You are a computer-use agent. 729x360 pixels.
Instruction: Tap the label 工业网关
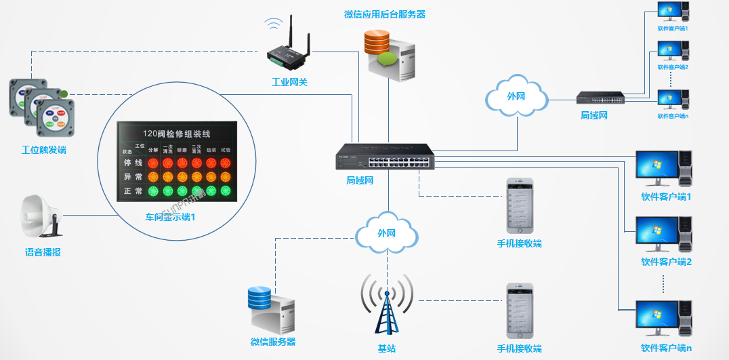[289, 83]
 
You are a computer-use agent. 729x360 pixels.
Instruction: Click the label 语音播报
[43, 252]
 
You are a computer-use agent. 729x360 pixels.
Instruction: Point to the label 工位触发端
[43, 150]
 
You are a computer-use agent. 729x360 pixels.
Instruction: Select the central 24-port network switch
[386, 158]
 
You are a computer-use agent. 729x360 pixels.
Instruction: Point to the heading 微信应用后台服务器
[384, 14]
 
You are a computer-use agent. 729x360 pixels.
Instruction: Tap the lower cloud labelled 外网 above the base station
[386, 233]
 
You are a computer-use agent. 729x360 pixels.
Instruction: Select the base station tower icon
[387, 305]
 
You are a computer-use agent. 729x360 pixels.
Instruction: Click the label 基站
[387, 348]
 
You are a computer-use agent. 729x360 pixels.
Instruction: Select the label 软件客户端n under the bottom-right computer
[666, 348]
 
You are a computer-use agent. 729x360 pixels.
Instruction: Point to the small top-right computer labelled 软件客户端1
[672, 13]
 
